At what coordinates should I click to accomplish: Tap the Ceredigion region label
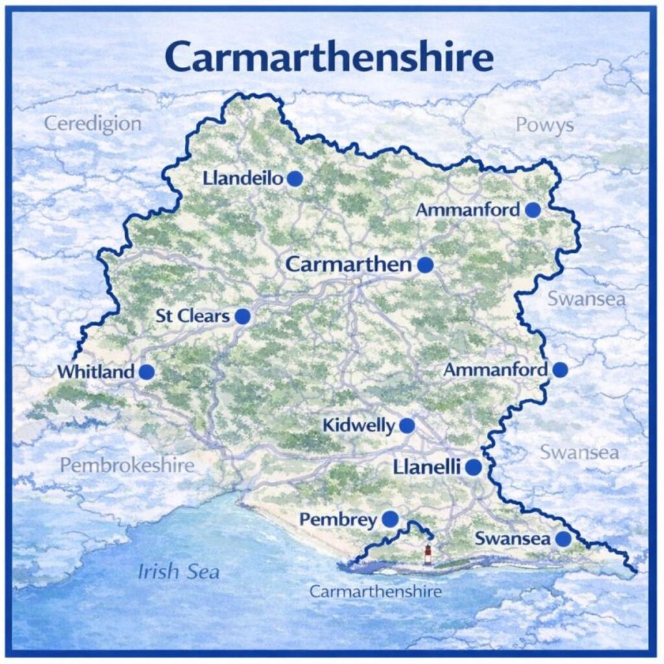[x=92, y=123]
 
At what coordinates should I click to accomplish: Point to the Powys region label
[x=545, y=125]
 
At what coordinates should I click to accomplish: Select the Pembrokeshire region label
[x=127, y=465]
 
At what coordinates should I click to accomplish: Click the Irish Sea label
[x=178, y=572]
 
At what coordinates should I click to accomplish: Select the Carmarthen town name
[x=348, y=265]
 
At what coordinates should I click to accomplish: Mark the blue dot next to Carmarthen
[x=425, y=265]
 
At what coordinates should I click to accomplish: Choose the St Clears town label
[x=193, y=316]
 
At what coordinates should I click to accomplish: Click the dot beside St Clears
[x=243, y=316]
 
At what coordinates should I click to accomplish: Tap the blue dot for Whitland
[x=147, y=372]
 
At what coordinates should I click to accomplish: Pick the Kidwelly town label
[x=358, y=426]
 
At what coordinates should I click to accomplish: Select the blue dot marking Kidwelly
[x=407, y=426]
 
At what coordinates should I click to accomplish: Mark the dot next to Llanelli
[x=473, y=467]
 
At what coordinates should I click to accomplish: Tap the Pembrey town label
[x=338, y=519]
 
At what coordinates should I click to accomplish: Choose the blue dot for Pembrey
[x=390, y=519]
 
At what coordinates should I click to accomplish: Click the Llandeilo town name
[x=243, y=178]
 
